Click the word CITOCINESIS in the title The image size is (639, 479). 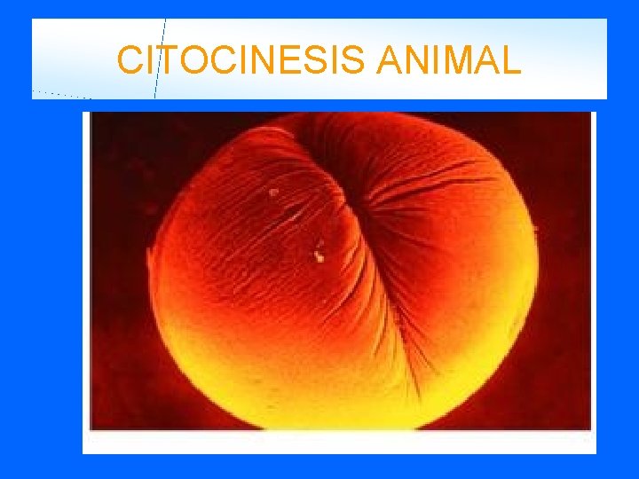coord(241,61)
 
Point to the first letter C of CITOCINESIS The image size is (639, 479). coord(129,61)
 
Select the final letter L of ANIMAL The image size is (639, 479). coord(511,61)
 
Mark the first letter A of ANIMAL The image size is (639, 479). coord(390,61)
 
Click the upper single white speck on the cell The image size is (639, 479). coord(274,191)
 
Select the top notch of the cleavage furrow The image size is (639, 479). coord(306,124)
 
